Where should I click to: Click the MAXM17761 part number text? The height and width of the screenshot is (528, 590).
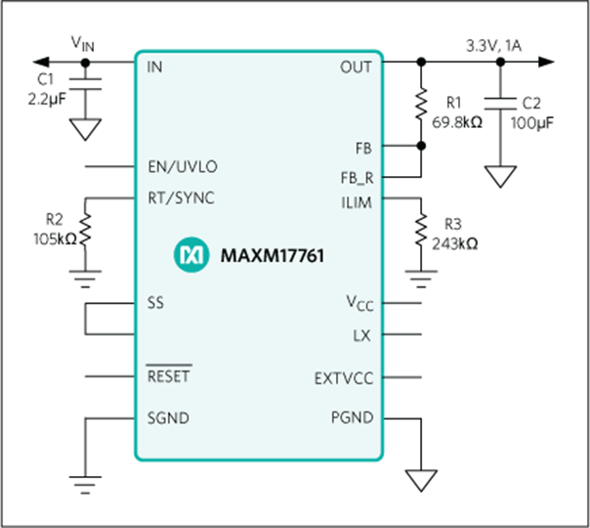273,255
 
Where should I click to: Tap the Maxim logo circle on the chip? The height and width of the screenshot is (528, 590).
191,254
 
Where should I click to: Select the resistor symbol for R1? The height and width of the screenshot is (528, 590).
421,104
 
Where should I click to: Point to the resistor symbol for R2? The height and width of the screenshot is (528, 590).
85,230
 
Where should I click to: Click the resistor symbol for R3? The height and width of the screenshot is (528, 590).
421,230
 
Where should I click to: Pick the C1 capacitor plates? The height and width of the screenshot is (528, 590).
85,84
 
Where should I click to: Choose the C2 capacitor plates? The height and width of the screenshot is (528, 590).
500,104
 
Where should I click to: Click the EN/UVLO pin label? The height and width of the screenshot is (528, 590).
183,166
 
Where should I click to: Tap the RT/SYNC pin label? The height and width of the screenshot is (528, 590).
181,198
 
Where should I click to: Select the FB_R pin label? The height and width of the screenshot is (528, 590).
357,178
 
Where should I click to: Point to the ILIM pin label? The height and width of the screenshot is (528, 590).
357,203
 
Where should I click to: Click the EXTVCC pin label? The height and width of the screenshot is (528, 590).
344,378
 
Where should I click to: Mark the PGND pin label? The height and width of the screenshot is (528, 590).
353,418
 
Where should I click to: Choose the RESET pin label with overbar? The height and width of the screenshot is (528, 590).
169,374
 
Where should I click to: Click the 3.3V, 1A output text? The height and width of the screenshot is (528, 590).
493,46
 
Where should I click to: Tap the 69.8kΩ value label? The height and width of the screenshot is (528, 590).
457,122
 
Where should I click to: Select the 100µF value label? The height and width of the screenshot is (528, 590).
532,123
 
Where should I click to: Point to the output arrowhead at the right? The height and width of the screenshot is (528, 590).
546,62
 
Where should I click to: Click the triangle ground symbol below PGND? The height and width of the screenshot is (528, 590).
421,480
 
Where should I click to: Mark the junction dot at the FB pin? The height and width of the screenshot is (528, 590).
421,146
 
